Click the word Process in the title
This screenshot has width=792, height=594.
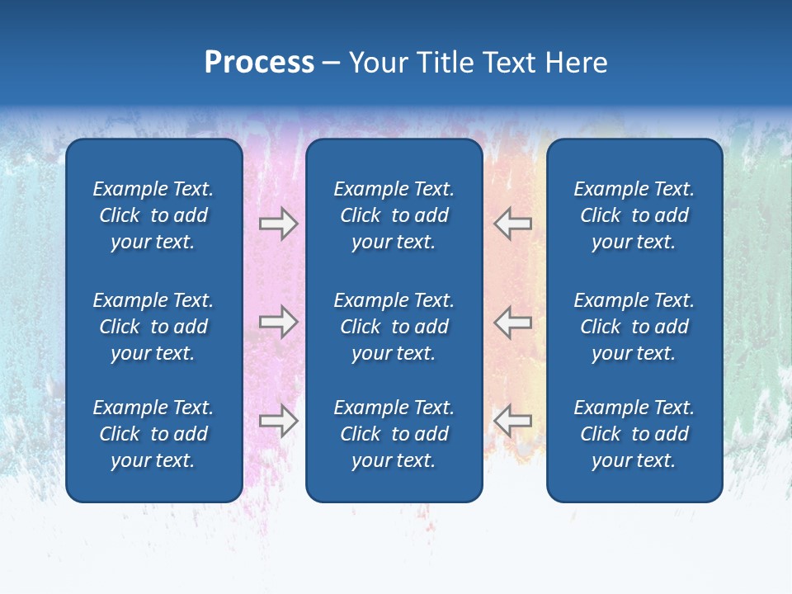click(x=259, y=63)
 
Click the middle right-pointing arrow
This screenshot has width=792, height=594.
click(x=279, y=322)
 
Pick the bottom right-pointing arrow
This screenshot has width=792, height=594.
click(x=279, y=421)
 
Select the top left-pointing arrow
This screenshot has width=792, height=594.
click(x=512, y=224)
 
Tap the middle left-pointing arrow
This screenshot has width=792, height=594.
click(x=512, y=322)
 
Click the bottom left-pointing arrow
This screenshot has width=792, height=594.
click(x=512, y=421)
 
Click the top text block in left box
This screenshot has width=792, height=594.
click(x=153, y=215)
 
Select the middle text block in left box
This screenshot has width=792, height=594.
click(x=153, y=327)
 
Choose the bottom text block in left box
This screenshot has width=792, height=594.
click(x=153, y=434)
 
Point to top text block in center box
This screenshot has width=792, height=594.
click(x=394, y=215)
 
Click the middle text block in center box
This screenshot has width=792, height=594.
click(x=394, y=327)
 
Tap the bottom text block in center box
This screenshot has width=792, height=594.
click(x=394, y=434)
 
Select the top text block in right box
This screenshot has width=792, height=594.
click(x=634, y=215)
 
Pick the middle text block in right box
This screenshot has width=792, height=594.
click(x=634, y=327)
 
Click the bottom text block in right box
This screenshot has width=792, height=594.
click(x=634, y=434)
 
